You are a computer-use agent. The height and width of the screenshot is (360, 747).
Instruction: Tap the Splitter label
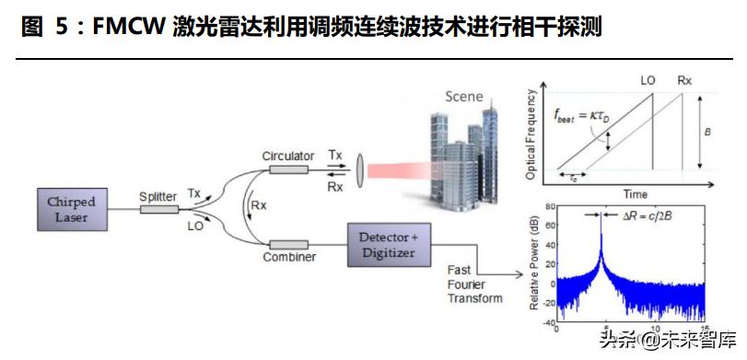point(158,196)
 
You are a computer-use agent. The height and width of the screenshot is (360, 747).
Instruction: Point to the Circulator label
point(287,156)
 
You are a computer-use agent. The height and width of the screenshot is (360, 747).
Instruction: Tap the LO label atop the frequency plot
point(648,80)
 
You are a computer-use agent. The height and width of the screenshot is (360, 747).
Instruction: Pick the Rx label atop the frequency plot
point(683,80)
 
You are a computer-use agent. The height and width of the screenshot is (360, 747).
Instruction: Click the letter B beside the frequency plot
point(706,132)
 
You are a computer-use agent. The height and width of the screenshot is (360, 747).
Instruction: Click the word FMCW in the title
point(111,28)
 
